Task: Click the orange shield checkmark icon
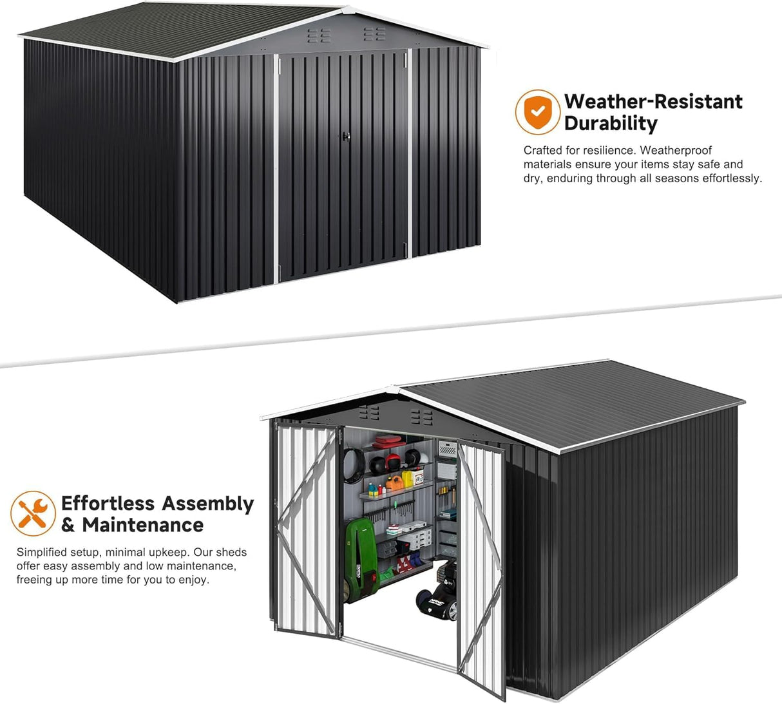pyautogui.click(x=538, y=112)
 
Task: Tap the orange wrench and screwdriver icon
pyautogui.click(x=33, y=513)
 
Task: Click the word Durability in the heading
pyautogui.click(x=611, y=123)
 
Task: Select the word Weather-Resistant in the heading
pyautogui.click(x=653, y=101)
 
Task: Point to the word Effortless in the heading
pyautogui.click(x=108, y=503)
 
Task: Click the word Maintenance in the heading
pyautogui.click(x=142, y=525)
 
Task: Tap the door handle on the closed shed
pyautogui.click(x=345, y=136)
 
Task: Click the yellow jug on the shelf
pyautogui.click(x=407, y=479)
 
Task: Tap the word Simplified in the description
pyautogui.click(x=42, y=552)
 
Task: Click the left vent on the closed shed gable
pyautogui.click(x=318, y=35)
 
